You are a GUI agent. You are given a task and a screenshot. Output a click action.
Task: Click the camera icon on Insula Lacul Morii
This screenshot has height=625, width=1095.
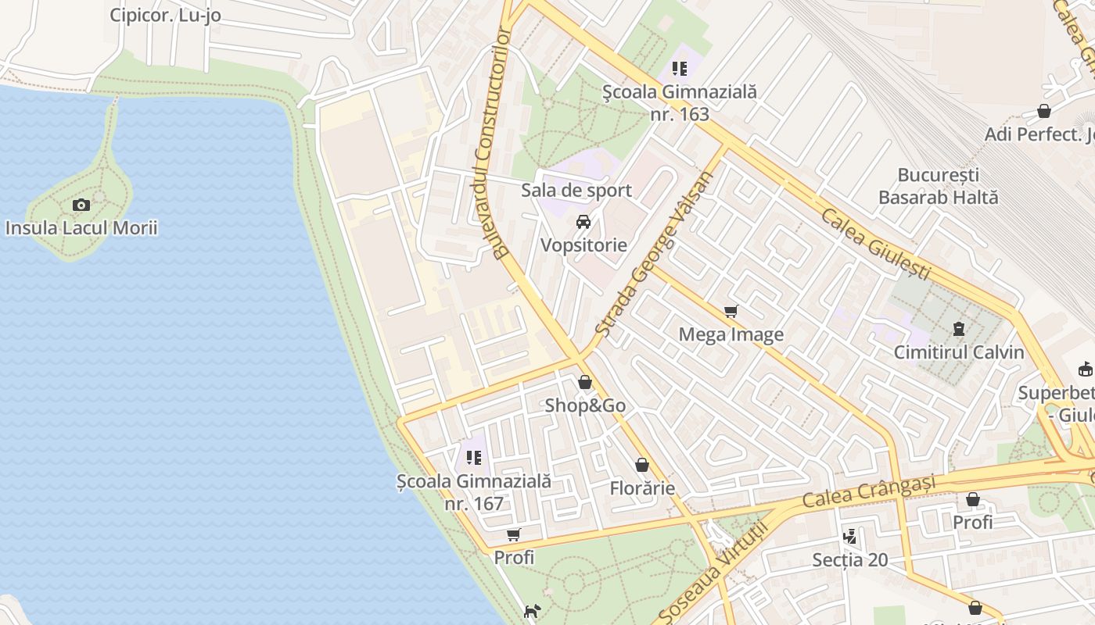81,205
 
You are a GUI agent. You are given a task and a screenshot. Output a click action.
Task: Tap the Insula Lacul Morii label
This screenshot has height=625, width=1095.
81,228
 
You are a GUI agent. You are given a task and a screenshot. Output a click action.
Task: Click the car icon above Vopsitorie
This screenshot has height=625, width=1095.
583,222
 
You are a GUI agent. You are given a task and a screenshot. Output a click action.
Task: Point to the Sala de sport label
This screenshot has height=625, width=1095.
576,190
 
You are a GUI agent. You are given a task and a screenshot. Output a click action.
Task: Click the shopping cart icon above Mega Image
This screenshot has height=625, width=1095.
731,312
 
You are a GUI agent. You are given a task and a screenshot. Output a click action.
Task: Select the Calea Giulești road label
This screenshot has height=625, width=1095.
875,243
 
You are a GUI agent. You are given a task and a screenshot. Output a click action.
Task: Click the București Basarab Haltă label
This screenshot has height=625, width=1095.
938,186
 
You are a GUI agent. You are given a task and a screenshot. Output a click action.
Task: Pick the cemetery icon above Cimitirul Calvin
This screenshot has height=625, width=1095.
959,329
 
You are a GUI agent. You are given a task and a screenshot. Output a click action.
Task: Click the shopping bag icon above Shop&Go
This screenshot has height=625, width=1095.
585,383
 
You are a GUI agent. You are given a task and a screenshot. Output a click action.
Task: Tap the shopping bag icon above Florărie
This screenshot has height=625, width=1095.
642,466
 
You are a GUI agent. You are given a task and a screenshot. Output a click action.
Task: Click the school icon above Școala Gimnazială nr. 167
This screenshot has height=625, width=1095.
474,458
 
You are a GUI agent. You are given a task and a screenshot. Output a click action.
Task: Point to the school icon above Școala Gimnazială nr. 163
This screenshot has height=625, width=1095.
680,69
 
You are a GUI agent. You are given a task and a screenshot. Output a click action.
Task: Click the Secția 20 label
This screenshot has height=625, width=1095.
849,560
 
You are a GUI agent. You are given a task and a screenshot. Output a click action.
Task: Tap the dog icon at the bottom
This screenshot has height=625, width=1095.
532,611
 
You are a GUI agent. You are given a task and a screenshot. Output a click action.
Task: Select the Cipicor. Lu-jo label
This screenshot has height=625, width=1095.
165,15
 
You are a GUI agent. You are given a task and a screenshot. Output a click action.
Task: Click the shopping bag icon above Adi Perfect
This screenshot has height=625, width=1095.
1043,112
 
